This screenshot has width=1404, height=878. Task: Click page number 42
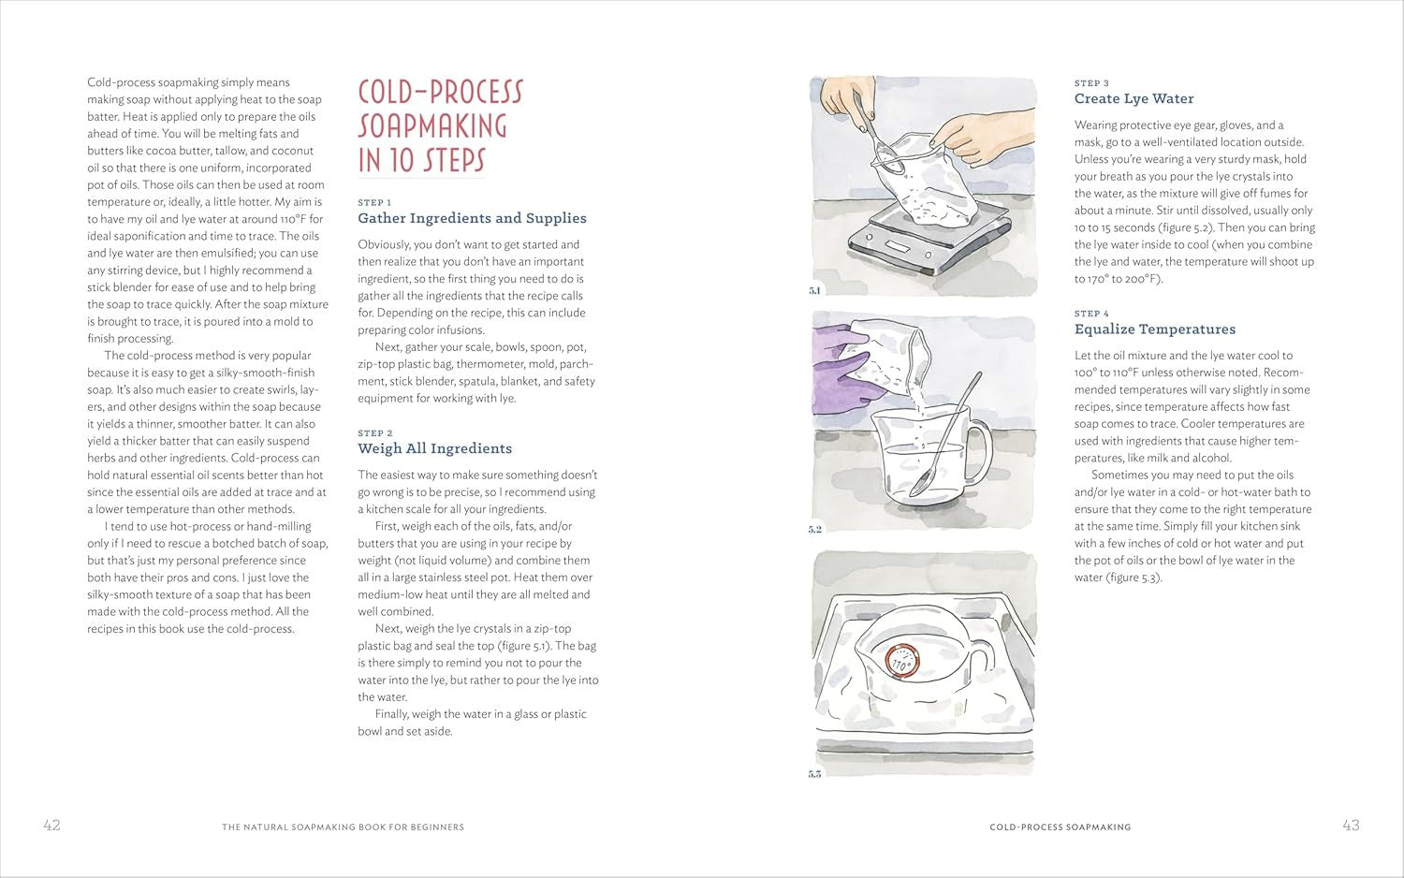pos(52,825)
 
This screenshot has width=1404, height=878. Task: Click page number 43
pos(1352,825)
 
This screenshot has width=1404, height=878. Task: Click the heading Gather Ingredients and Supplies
pos(472,218)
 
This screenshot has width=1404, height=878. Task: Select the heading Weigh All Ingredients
pos(435,448)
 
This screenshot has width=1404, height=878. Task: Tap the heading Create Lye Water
pos(1133,98)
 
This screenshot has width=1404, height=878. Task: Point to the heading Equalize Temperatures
pos(1155,329)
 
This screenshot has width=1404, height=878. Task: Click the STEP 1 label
pos(374,202)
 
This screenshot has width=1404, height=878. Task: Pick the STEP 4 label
pos(1091,314)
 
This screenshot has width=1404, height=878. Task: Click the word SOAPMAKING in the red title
pos(432,126)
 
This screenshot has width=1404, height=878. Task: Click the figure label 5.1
pos(814,290)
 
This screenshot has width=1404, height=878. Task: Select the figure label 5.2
pos(815,529)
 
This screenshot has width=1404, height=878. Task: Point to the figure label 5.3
pos(815,774)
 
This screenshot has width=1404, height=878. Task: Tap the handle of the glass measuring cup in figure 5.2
pos(982,451)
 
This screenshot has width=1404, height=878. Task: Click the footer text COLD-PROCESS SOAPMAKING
pos(1060,827)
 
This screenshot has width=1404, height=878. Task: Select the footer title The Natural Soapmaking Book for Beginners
pos(343,827)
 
